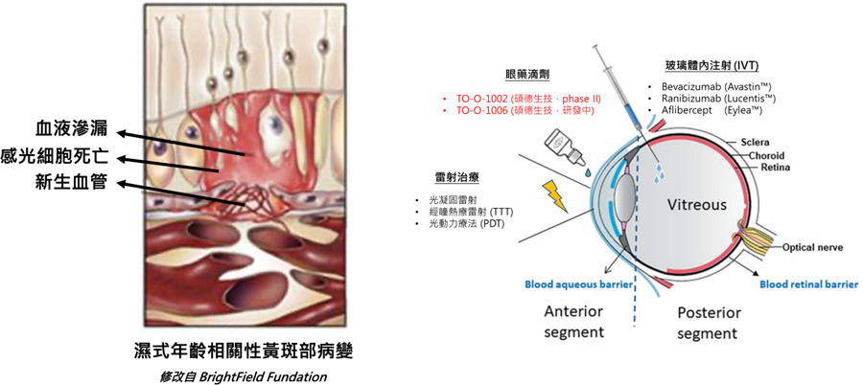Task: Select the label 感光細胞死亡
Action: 58,158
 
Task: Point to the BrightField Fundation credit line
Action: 244,376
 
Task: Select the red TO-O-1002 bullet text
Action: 527,99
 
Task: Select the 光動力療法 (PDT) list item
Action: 461,224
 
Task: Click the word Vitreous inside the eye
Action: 697,205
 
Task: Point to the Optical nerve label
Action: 812,247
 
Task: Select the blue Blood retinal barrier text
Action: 808,284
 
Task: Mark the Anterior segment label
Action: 574,321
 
